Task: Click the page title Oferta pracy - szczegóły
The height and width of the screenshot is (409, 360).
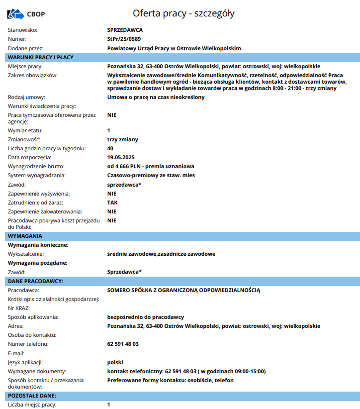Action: pyautogui.click(x=183, y=13)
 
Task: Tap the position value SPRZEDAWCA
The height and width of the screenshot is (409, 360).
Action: pyautogui.click(x=125, y=30)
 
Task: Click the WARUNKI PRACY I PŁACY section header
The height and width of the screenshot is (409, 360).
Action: pyautogui.click(x=41, y=57)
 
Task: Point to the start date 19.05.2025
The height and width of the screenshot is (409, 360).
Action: pyautogui.click(x=121, y=157)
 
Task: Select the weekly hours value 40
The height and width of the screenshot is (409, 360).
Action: pyautogui.click(x=110, y=148)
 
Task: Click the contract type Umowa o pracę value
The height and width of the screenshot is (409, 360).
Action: pyautogui.click(x=156, y=97)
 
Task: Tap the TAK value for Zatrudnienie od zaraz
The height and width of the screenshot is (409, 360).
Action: pyautogui.click(x=112, y=203)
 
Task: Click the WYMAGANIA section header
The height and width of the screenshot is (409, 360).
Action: pyautogui.click(x=25, y=236)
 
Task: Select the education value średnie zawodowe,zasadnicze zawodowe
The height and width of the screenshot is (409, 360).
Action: pyautogui.click(x=161, y=254)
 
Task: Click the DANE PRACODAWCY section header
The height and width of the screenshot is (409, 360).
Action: pyautogui.click(x=35, y=281)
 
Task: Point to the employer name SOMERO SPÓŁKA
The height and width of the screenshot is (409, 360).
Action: pyautogui.click(x=183, y=290)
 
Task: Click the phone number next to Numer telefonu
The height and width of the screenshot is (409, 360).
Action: pyautogui.click(x=123, y=344)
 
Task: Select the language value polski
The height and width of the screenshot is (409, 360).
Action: pyautogui.click(x=115, y=362)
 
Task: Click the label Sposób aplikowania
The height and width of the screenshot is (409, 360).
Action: pyautogui.click(x=33, y=317)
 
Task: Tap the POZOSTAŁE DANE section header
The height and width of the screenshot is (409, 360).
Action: pyautogui.click(x=32, y=396)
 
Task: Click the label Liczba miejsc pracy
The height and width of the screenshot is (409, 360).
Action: pyautogui.click(x=32, y=405)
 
